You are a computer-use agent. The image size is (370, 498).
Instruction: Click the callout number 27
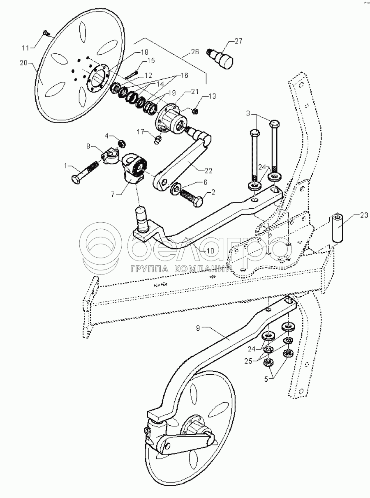[x=238, y=41]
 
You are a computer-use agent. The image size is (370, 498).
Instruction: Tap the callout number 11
[x=25, y=48]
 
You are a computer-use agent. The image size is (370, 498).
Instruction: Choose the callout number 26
[x=194, y=52]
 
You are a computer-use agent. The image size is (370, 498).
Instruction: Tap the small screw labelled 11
[x=46, y=32]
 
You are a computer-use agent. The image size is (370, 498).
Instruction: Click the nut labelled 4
[x=122, y=143]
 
